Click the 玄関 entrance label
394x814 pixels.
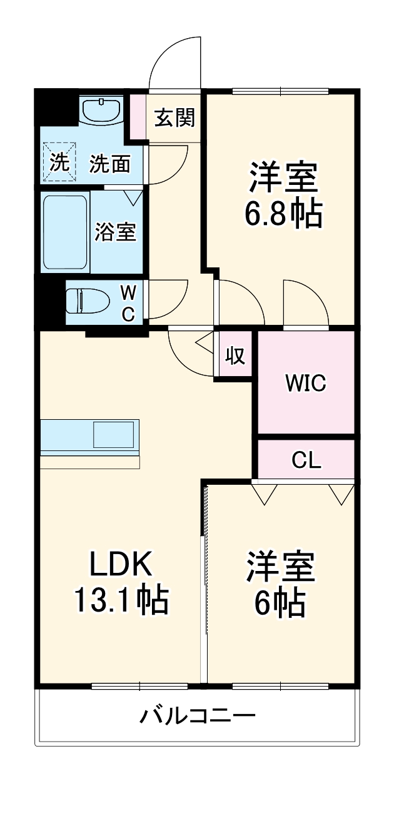(x=174, y=117)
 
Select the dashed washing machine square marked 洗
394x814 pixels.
(x=59, y=162)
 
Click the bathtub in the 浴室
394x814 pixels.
(x=64, y=231)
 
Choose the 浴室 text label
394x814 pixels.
(x=116, y=232)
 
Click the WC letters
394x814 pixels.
(x=127, y=302)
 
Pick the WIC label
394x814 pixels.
(x=306, y=383)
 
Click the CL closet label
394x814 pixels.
(x=306, y=460)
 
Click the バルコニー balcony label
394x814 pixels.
(x=197, y=715)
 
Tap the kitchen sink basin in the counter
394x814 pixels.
(x=113, y=435)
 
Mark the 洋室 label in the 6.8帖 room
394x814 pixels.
(x=284, y=179)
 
